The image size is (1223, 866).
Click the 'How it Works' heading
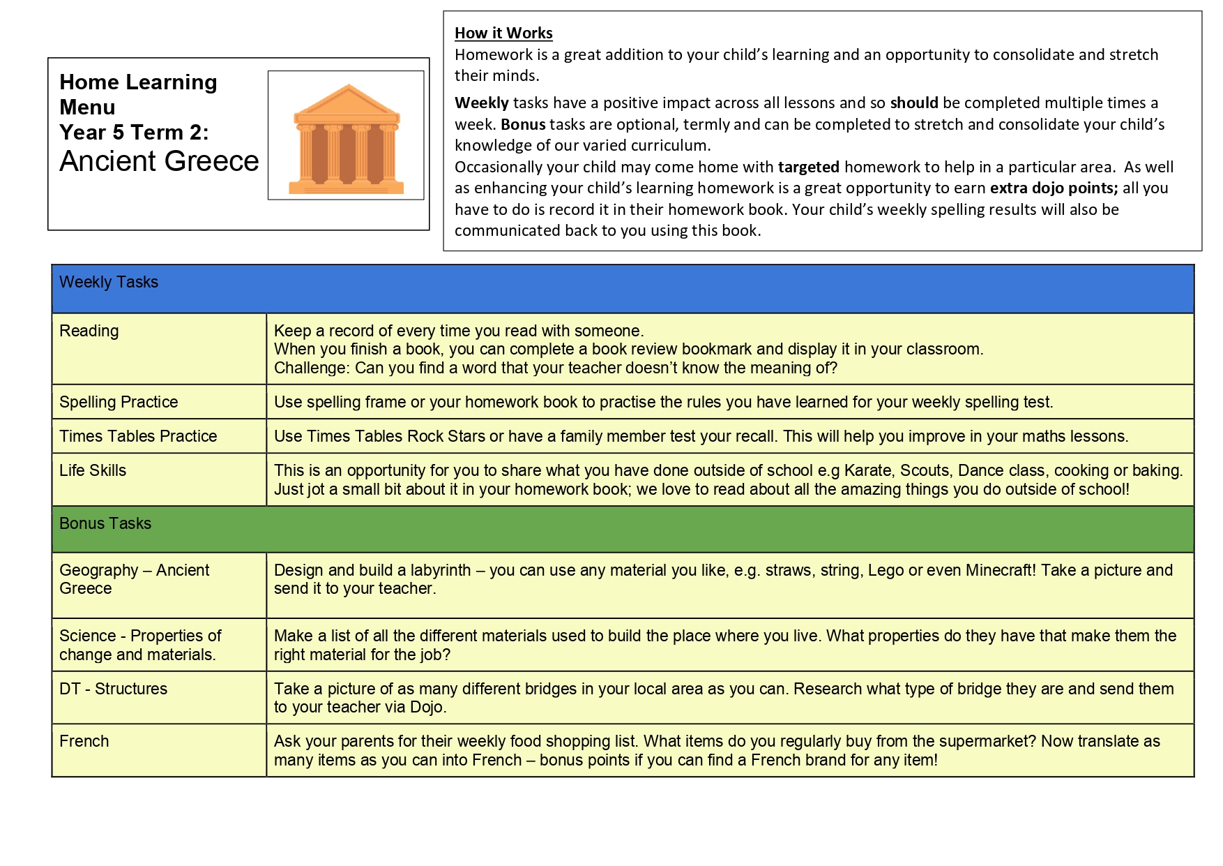503,33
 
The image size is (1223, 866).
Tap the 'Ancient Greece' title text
159,161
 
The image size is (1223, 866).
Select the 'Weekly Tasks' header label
109,282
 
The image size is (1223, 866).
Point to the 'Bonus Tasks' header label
105,523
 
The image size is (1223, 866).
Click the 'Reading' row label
89,331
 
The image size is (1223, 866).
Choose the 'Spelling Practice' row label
119,402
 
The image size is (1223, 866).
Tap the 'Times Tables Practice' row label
138,436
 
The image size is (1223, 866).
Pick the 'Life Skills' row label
93,470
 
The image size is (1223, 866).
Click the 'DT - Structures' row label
113,689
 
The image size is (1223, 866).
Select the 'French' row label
84,741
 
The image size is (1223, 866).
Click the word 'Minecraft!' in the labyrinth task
1001,570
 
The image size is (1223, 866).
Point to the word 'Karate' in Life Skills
867,470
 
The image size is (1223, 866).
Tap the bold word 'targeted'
808,167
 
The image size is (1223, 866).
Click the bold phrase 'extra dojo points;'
1054,188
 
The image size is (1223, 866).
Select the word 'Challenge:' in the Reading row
312,368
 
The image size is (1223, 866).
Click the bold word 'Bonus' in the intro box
523,124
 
